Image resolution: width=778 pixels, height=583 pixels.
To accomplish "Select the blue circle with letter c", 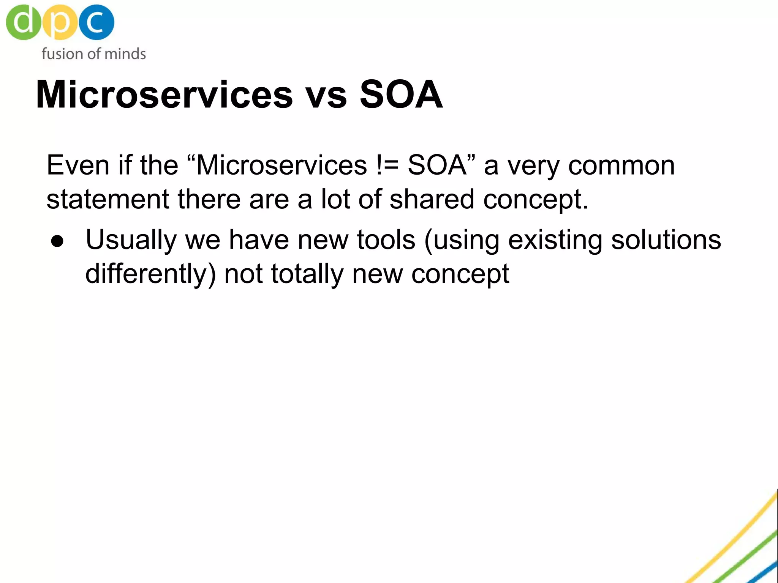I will click(96, 22).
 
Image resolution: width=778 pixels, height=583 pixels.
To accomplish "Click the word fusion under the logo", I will click(62, 54).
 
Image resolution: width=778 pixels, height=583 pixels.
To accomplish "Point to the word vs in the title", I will click(326, 95).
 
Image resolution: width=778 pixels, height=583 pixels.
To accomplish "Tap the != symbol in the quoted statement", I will click(387, 165).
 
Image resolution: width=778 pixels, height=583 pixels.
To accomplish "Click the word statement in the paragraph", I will click(108, 200).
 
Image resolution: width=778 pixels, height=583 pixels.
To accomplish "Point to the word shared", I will click(432, 200).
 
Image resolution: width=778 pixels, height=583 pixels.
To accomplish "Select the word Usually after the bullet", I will click(131, 241).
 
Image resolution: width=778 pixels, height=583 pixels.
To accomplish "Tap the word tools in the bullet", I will click(386, 240).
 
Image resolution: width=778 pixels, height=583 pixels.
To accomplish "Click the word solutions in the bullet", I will click(666, 240).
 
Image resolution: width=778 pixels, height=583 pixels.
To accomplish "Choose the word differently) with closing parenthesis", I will click(150, 274).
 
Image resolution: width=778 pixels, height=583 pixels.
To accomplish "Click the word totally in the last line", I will click(307, 274).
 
